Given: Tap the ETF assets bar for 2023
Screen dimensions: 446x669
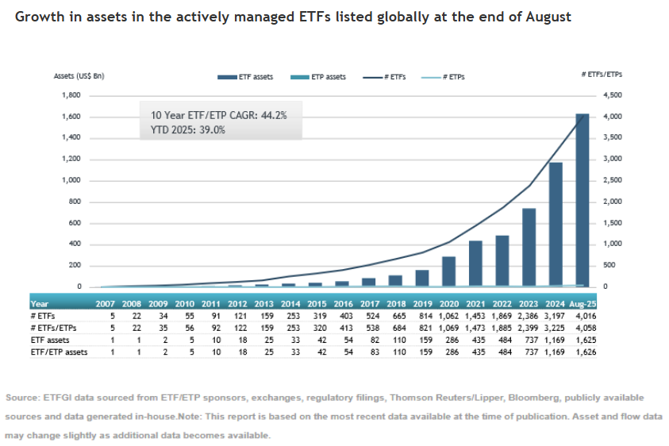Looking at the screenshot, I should tap(529, 247).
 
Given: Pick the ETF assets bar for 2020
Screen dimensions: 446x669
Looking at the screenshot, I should tap(448, 271).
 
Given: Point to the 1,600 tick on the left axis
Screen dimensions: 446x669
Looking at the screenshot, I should tap(71, 117).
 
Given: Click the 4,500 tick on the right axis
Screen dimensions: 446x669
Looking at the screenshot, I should tap(603, 95).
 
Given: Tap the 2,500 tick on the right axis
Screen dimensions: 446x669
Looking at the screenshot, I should tap(603, 180).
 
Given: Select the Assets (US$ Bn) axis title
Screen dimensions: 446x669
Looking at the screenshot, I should tap(79, 76).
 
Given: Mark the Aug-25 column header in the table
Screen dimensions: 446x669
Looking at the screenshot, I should tap(583, 303).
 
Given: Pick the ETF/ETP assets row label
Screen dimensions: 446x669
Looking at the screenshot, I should tap(60, 352).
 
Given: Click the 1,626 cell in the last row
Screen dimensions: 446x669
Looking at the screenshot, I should tap(585, 352).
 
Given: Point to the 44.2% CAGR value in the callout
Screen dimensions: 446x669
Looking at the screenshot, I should tap(273, 115).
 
